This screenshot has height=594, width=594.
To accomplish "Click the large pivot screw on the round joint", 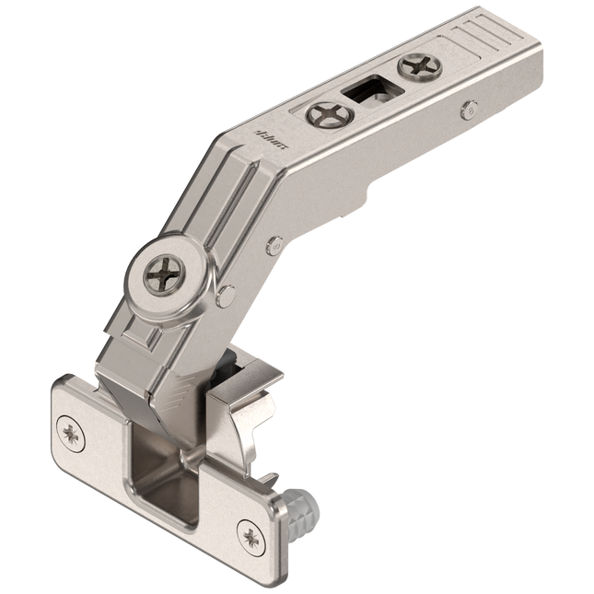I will pos(167,274).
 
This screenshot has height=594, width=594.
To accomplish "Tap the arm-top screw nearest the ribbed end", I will pos(420,66).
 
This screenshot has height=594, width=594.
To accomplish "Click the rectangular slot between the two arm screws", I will pos(368,93).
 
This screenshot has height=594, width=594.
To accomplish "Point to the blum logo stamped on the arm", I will pos(275,138).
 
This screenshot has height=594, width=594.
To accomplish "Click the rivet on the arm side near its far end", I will pos(469,109).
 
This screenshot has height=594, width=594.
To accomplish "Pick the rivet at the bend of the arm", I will pos(274,246).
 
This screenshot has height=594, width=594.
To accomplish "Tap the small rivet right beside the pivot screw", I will pos(225,296).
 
